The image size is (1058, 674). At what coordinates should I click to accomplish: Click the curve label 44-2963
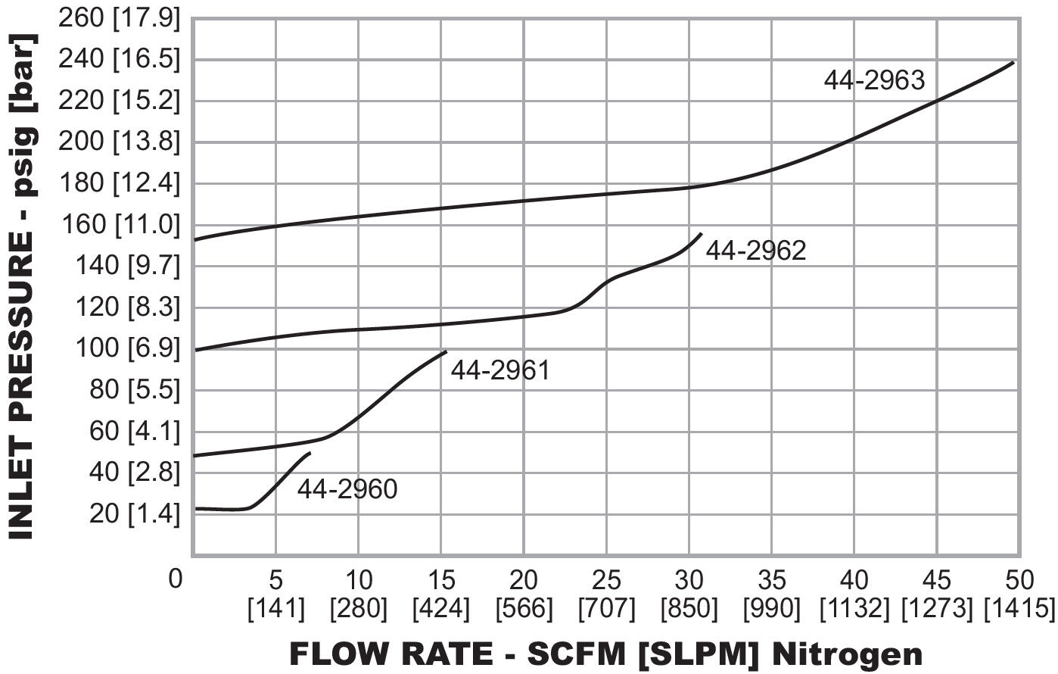874,80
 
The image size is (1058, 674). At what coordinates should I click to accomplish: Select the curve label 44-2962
756,251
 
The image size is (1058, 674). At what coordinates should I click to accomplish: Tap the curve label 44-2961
500,370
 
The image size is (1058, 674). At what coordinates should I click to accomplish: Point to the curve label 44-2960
347,489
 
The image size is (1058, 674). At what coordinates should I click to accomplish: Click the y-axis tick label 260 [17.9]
120,17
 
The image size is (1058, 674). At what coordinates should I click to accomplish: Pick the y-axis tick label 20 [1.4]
135,513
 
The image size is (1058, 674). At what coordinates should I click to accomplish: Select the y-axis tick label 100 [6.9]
128,348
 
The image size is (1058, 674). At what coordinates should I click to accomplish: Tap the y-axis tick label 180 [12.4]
120,183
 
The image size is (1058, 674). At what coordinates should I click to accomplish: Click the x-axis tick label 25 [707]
606,594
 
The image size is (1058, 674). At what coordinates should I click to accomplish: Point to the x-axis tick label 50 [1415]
1019,594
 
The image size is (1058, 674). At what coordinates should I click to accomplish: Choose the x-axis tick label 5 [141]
276,594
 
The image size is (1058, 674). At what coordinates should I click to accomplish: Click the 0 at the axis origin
176,579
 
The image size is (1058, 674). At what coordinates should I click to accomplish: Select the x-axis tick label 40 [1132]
854,594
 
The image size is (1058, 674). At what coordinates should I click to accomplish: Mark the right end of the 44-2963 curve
1013,62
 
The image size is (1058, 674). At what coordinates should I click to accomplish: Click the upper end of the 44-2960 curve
310,453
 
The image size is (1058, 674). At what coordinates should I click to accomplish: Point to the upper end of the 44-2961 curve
447,351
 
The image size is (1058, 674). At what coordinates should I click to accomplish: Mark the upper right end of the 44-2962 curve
702,233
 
